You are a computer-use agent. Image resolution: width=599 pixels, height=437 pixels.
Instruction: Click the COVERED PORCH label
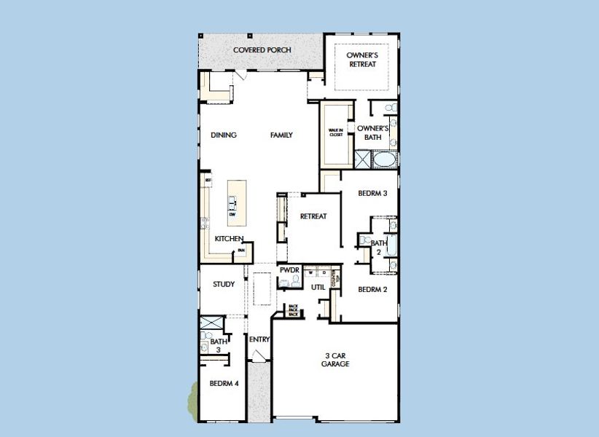262,50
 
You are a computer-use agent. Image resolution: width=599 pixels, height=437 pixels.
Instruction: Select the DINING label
224,135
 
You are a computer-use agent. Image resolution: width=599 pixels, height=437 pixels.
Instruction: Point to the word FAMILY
281,135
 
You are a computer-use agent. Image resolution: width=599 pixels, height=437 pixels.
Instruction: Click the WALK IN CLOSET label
336,133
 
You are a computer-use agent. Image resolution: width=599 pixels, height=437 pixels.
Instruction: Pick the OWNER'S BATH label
372,133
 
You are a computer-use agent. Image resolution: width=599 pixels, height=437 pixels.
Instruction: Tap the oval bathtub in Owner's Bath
383,159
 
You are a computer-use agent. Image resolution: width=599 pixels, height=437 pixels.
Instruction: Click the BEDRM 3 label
372,194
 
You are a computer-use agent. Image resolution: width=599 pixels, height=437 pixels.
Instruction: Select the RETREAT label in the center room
313,216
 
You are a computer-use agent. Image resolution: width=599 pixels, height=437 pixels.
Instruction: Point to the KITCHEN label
228,239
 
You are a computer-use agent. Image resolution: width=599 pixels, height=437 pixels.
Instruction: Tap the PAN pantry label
240,251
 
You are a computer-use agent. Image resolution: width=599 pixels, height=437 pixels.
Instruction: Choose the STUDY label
224,285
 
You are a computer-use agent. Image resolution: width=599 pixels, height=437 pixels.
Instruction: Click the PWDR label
289,271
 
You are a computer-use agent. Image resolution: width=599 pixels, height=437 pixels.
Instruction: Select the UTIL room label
318,288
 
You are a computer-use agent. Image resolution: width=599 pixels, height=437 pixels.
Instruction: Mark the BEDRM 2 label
372,289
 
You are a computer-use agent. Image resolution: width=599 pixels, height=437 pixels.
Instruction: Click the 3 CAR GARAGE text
335,360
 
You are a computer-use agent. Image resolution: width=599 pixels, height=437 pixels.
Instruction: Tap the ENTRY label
259,339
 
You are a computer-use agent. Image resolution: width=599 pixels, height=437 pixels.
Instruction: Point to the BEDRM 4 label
224,383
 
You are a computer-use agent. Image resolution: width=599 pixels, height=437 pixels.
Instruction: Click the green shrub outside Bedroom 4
193,399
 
